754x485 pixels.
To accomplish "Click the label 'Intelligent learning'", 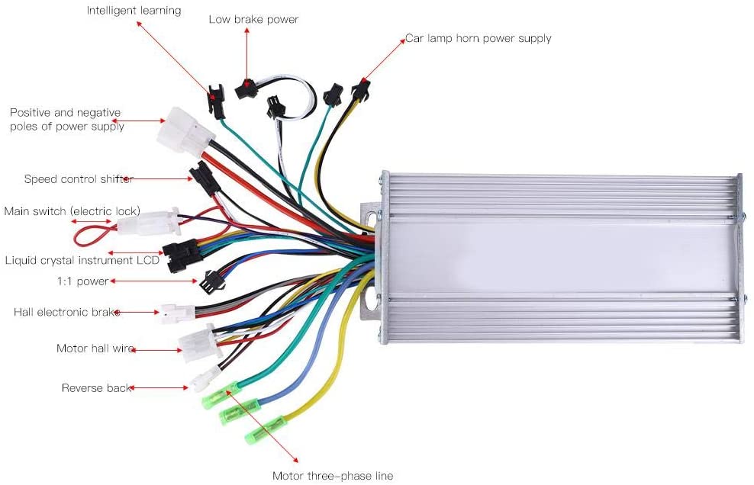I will pos(134,11).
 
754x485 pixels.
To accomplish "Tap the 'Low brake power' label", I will pos(253,19).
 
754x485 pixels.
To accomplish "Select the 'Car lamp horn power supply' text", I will pos(478,38).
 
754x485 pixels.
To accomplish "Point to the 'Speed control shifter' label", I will pos(79,179).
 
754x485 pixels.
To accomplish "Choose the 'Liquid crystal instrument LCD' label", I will pos(82,260).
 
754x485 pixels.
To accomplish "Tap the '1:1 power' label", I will pos(83,281).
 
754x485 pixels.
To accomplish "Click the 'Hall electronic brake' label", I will pos(67,312).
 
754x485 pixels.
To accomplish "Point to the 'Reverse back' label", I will pos(96,388).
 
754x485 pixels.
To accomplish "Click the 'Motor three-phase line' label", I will pos(333,476).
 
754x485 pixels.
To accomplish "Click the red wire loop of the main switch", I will pos(91,230).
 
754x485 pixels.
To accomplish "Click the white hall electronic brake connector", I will pos(176,313).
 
